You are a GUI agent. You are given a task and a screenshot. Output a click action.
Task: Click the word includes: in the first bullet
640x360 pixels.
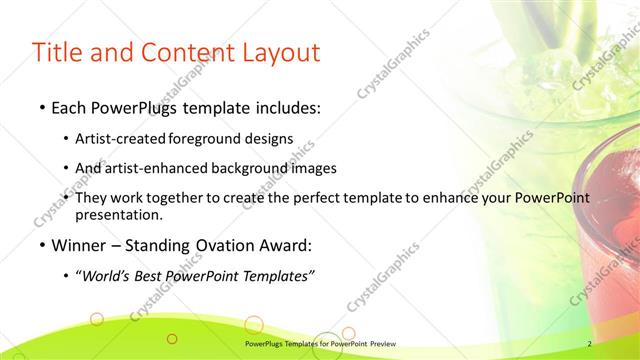pos(288,105)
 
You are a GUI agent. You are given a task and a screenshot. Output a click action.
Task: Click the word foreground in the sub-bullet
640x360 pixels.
pos(205,138)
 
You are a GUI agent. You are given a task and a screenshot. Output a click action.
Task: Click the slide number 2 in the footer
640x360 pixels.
pos(589,344)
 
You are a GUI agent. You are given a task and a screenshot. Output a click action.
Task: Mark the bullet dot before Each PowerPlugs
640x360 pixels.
pos(40,106)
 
